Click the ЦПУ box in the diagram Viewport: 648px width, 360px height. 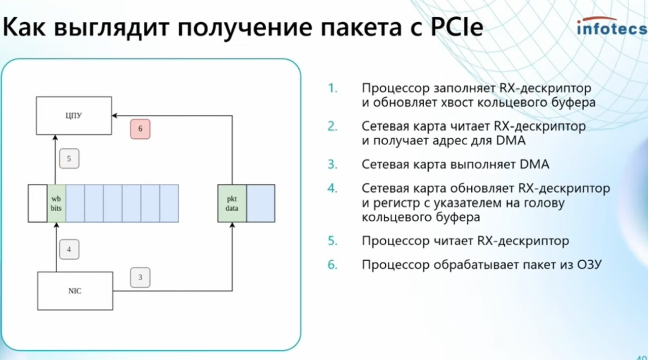(x=74, y=115)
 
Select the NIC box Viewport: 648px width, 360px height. (x=75, y=291)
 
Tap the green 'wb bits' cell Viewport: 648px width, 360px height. (x=56, y=204)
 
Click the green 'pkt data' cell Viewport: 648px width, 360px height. (x=232, y=204)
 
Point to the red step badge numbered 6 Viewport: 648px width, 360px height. (x=140, y=129)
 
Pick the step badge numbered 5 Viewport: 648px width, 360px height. (x=69, y=158)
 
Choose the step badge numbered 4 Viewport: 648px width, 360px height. (x=69, y=249)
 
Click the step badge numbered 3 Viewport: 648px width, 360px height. (x=140, y=277)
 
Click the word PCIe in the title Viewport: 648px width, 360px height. (x=457, y=27)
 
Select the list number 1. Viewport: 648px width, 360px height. (x=333, y=88)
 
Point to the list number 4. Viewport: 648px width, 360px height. (x=333, y=188)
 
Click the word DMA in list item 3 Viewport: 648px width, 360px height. (x=534, y=165)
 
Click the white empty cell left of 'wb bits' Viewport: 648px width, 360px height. (x=37, y=204)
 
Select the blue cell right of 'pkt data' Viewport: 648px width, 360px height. (x=261, y=204)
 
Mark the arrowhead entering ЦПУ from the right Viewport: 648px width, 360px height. (x=114, y=116)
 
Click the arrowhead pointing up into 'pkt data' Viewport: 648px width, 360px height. (x=232, y=225)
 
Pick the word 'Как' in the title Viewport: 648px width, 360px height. (x=24, y=27)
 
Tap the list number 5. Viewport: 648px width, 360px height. (x=333, y=241)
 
